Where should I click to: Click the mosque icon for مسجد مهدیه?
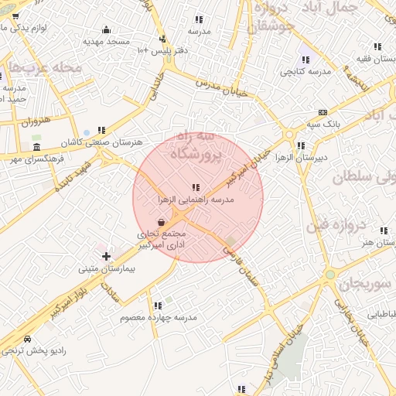pos(106,30)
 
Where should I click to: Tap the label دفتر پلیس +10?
pos(163,50)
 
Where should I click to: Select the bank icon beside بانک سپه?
pos(322,112)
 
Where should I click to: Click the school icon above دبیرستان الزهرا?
pos(301,145)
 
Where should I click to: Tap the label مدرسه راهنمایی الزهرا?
pos(195,199)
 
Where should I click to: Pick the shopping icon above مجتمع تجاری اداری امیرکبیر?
pos(160,223)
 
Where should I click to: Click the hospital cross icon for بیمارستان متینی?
pos(106,256)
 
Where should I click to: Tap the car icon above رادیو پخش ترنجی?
pos(28,339)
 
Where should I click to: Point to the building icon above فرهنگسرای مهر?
pos(36,146)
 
